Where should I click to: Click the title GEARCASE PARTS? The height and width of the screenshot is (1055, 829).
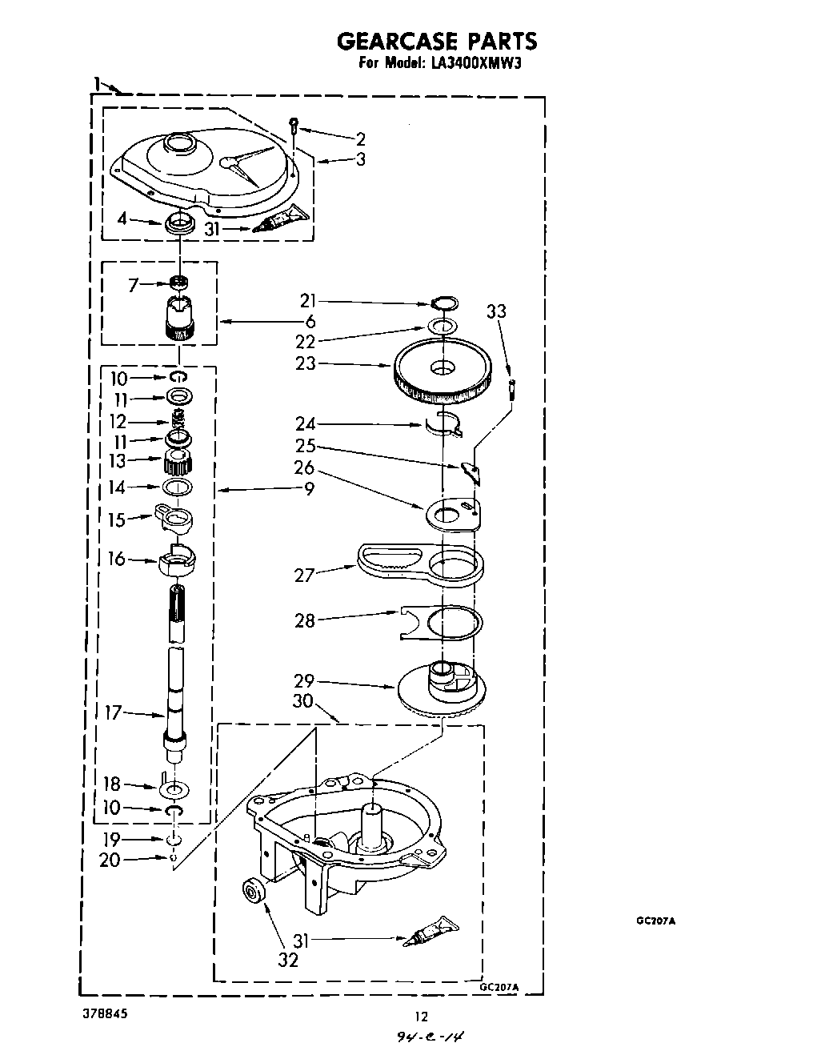coord(435,41)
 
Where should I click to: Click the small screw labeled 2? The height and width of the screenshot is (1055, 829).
coord(294,124)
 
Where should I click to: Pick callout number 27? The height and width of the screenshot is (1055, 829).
coord(305,574)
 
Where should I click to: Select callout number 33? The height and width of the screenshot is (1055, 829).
coord(497,311)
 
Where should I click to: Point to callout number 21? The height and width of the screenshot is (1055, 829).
coord(308,301)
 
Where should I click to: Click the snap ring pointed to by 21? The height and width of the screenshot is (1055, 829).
coord(444,303)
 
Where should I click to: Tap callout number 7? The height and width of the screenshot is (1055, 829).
coord(134,284)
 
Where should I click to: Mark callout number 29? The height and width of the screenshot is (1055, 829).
coord(304,681)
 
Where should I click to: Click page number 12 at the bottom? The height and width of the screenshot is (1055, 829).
coord(421,1017)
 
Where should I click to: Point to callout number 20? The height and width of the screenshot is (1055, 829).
coord(110,860)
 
